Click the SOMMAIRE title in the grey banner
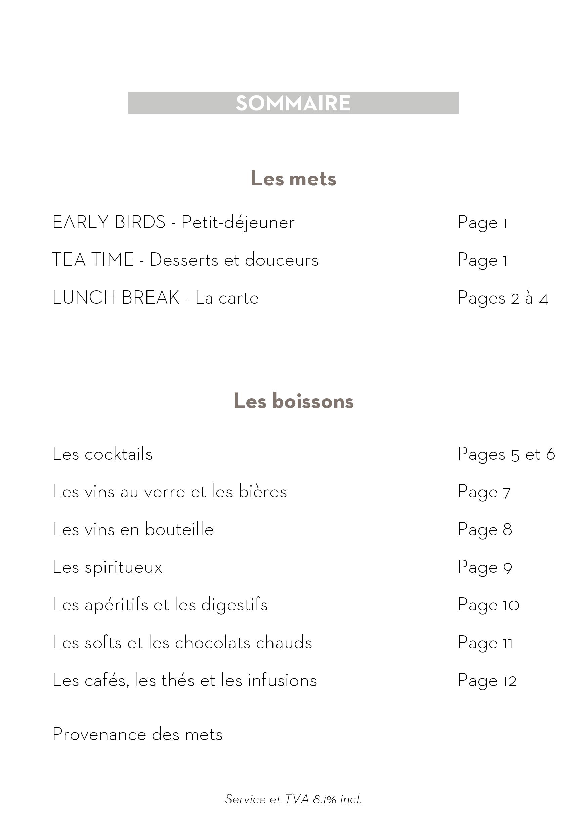(293, 103)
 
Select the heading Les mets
(293, 179)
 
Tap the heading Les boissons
(293, 401)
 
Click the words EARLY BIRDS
(109, 222)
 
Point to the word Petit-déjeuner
(238, 223)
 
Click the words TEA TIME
(93, 260)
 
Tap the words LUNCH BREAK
(116, 297)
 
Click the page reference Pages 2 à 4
(502, 298)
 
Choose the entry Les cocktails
(102, 454)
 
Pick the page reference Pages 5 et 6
(506, 455)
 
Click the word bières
(262, 492)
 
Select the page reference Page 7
(484, 492)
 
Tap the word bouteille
(179, 529)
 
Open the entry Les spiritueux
(107, 567)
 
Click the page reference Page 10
(488, 605)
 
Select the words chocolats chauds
(243, 643)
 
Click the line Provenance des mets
(137, 735)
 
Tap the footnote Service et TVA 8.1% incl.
(293, 799)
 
